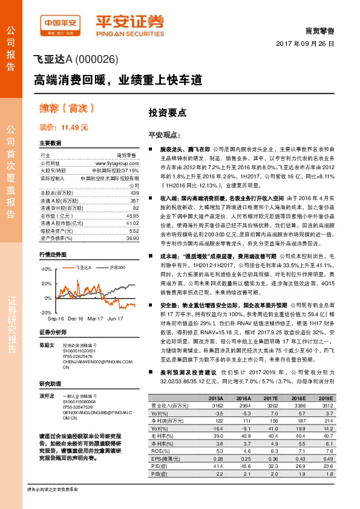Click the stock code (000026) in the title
97,60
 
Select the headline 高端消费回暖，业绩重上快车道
117,79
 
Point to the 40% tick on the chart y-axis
47,269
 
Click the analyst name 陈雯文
47,345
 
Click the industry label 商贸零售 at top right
321,30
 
